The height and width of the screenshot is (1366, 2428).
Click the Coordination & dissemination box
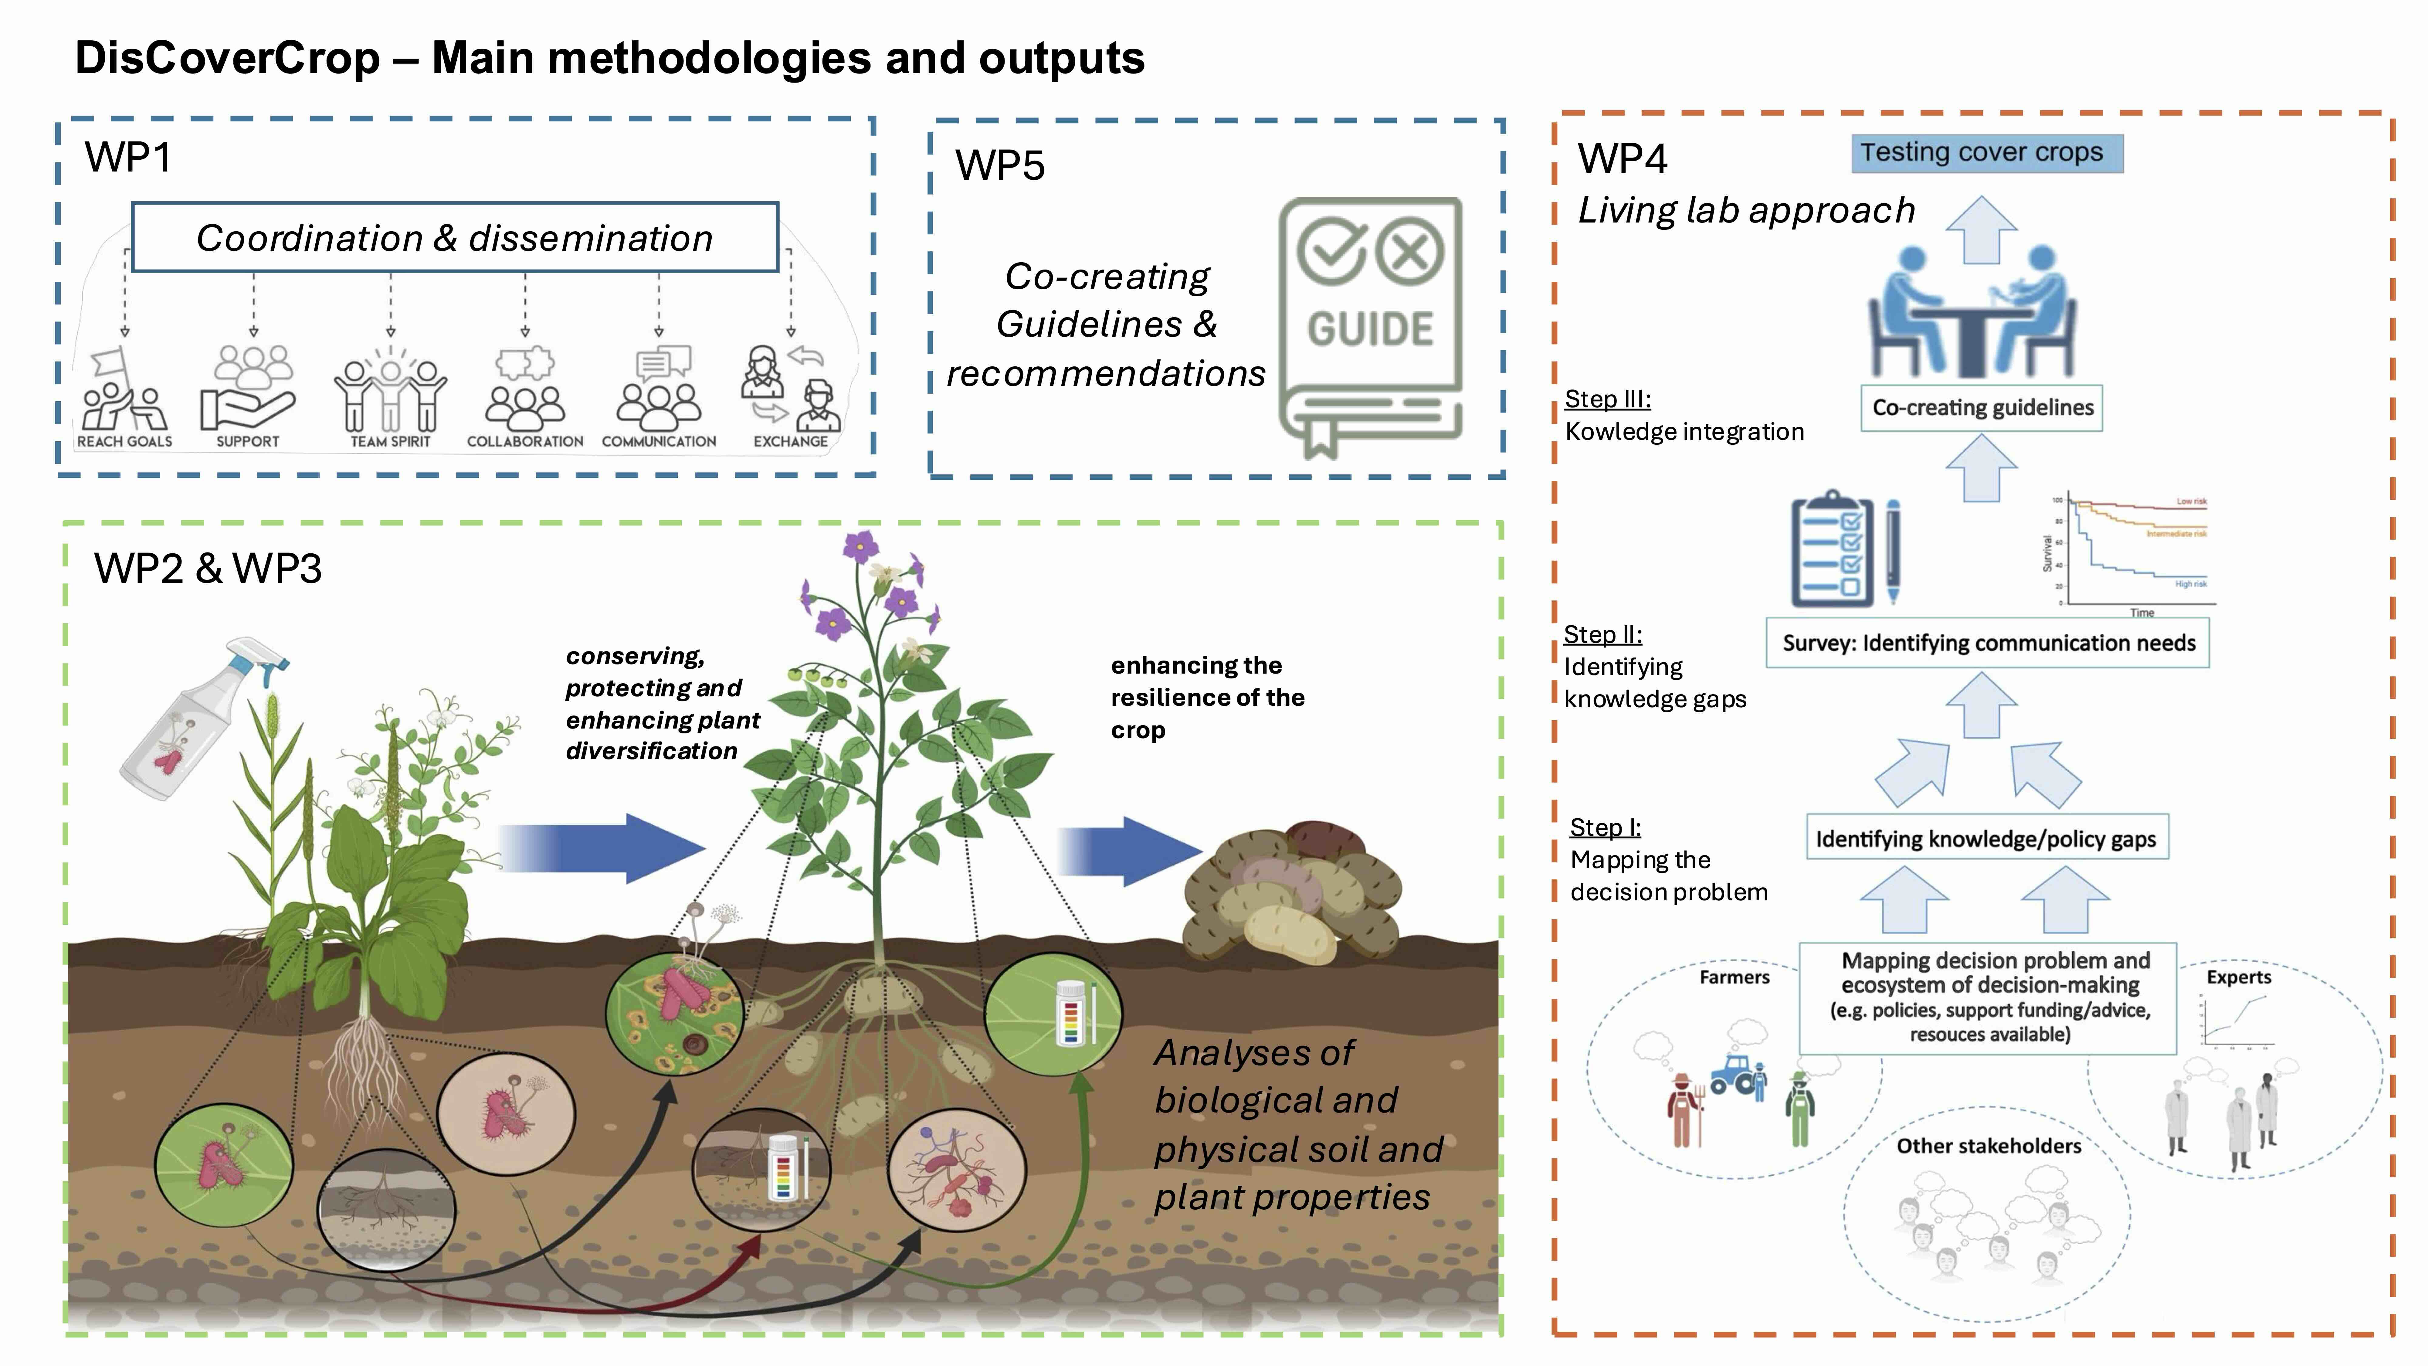click(454, 238)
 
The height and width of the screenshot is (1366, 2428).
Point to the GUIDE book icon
click(1369, 325)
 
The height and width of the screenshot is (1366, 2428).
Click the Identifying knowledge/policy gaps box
click(1986, 838)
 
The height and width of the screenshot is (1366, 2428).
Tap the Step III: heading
click(1607, 399)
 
